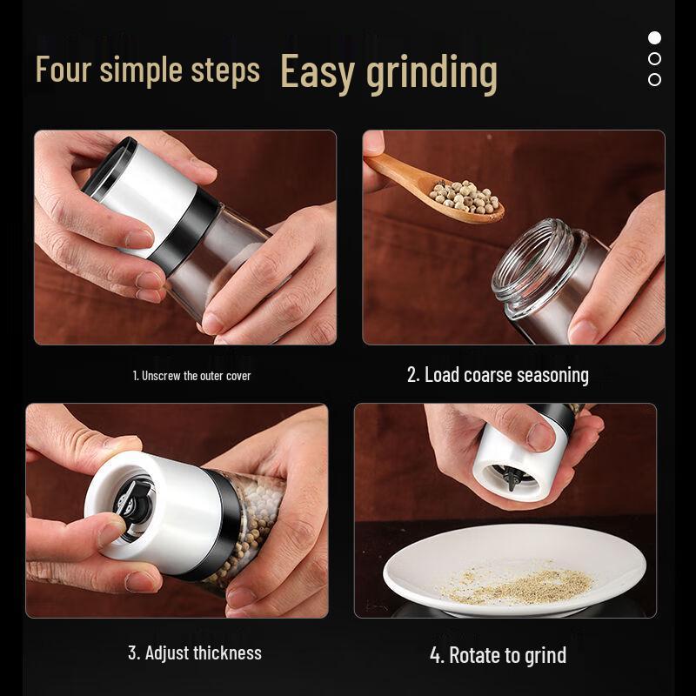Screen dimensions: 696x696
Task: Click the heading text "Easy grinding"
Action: (x=389, y=72)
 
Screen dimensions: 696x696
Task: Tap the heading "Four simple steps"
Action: (x=147, y=70)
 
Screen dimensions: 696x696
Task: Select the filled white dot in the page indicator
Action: (x=654, y=37)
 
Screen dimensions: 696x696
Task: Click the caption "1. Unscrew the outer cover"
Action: (x=191, y=376)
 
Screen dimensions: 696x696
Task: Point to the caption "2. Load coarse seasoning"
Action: (x=498, y=375)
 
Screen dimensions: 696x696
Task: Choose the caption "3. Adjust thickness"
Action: (x=194, y=652)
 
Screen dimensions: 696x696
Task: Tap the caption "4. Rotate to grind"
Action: (x=498, y=655)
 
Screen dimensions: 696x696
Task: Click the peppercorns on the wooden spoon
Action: (x=467, y=196)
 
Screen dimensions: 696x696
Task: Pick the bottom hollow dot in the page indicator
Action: (x=654, y=79)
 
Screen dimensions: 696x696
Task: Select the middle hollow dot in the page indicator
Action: (x=654, y=58)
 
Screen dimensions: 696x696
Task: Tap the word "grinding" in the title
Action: (x=432, y=73)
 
